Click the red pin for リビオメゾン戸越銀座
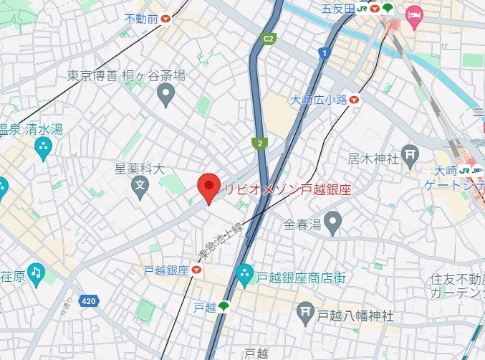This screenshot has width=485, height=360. pyautogui.click(x=208, y=188)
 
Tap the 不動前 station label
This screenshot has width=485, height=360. pyautogui.click(x=141, y=18)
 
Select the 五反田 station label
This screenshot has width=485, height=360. pyautogui.click(x=338, y=9)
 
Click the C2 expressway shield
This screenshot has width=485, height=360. pyautogui.click(x=269, y=38)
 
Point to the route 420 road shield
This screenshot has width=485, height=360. pyautogui.click(x=89, y=300)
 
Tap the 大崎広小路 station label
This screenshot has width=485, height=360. pyautogui.click(x=318, y=101)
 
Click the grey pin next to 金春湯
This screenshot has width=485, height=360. pyautogui.click(x=332, y=224)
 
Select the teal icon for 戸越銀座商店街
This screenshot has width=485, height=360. pyautogui.click(x=244, y=274)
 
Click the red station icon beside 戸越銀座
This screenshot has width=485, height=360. pyautogui.click(x=196, y=270)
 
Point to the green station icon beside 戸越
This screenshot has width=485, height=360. pyautogui.click(x=224, y=307)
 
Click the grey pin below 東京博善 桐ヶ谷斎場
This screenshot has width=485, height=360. pyautogui.click(x=166, y=93)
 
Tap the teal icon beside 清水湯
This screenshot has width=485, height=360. pyautogui.click(x=43, y=148)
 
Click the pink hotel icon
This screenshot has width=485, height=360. pyautogui.click(x=414, y=14)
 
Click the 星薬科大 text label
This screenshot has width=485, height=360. pyautogui.click(x=140, y=170)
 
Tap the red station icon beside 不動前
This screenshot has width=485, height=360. pyautogui.click(x=166, y=18)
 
